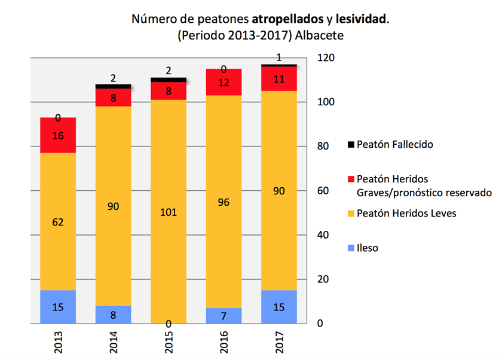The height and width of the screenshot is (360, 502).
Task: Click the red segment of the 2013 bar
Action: [x=58, y=135]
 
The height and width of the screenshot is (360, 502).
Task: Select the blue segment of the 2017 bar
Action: [x=279, y=307]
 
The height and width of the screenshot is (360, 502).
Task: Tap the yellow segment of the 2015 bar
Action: [x=169, y=211]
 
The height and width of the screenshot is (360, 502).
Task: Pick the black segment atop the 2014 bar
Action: [x=114, y=87]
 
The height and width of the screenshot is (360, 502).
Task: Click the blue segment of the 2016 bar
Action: [x=224, y=316]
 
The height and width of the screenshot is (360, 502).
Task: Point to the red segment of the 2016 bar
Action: [x=224, y=82]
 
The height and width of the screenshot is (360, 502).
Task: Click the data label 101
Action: [x=169, y=212]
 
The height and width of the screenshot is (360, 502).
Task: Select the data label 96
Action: [x=224, y=202]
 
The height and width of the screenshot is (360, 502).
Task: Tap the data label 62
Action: [x=58, y=222]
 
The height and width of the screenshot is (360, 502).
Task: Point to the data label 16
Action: [x=58, y=136]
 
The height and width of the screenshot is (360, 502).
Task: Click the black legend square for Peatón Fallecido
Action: [x=351, y=145]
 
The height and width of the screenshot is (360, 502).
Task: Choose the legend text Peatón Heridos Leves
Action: [x=406, y=213]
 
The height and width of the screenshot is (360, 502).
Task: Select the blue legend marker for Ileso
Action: [x=351, y=248]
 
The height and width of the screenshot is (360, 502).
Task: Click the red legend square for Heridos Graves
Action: [x=351, y=179]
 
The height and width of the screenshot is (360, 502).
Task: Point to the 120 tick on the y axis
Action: [x=326, y=58]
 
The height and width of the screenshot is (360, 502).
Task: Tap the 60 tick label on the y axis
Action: [x=323, y=191]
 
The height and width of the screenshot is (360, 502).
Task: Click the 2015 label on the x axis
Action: [x=169, y=342]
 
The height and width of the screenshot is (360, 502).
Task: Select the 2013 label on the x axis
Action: [x=58, y=342]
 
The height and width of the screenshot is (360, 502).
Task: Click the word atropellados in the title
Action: [x=288, y=19]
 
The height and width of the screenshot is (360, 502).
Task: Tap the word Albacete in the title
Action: [x=319, y=35]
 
